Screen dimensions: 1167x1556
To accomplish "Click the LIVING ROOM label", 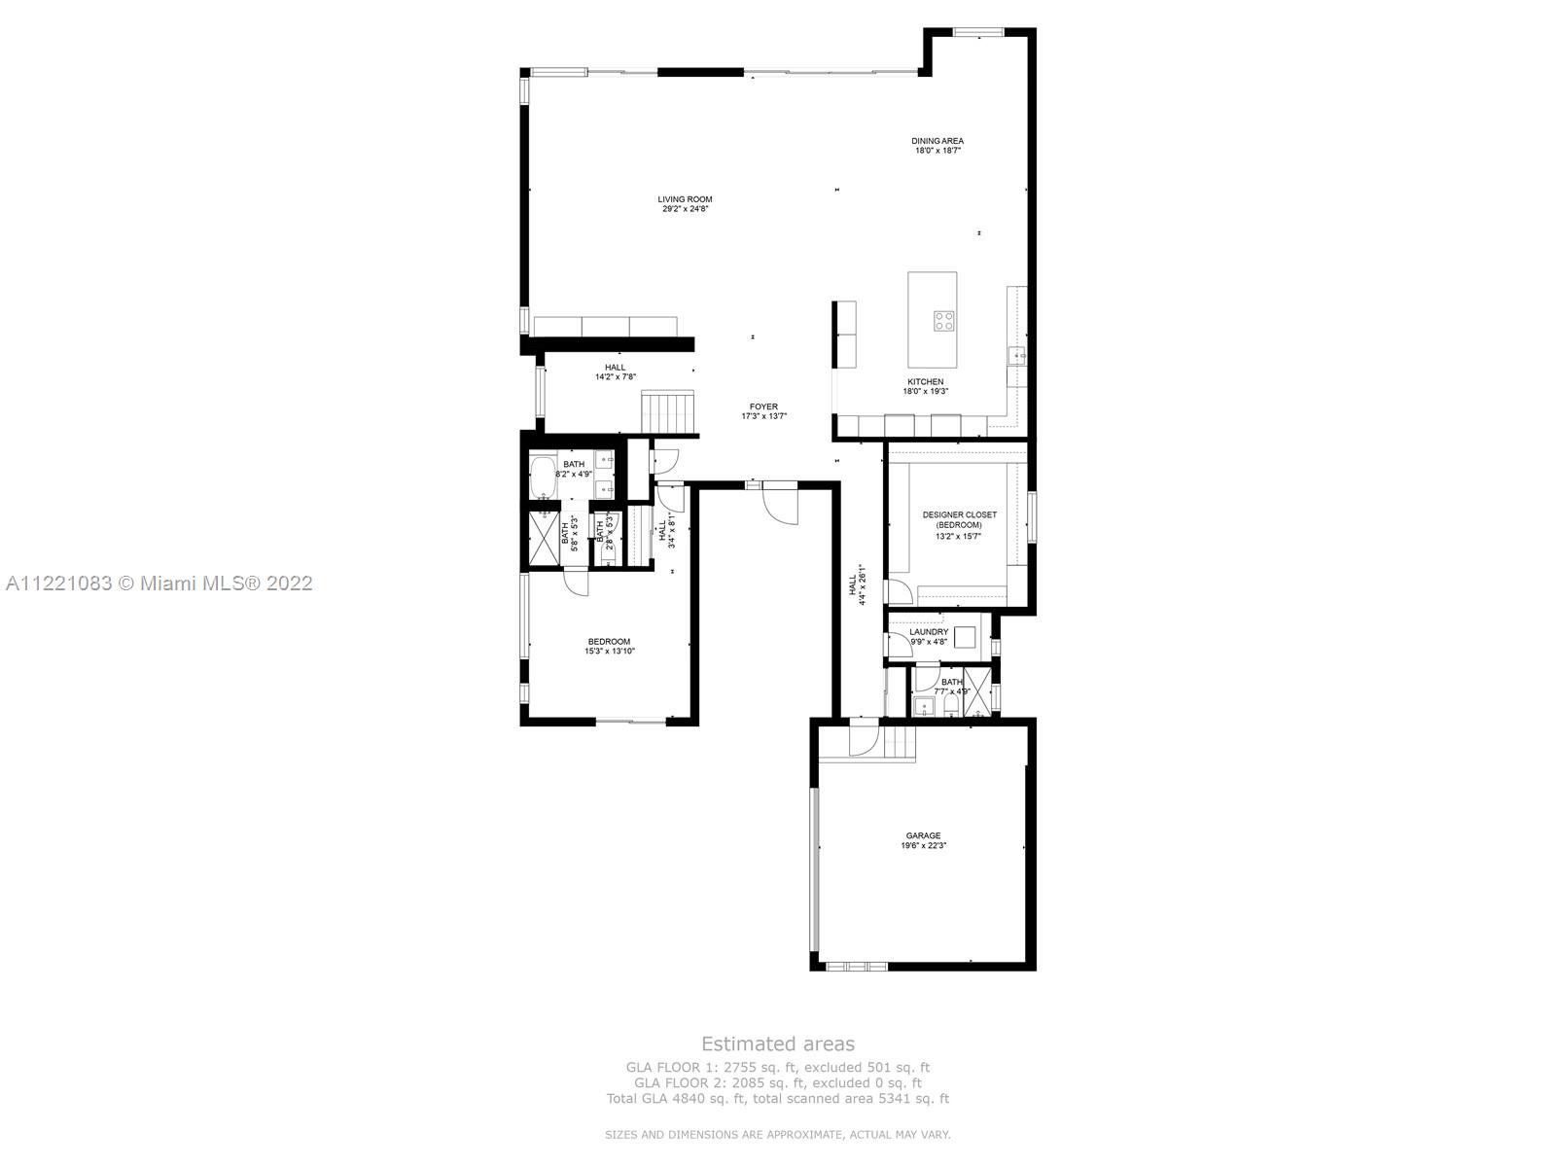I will click(685, 199).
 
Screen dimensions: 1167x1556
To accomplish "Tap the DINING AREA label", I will click(937, 141).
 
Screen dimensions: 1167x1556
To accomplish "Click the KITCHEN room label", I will click(925, 382).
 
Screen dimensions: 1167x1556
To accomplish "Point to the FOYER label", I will click(763, 407).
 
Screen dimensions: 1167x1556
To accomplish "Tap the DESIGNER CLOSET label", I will click(959, 515).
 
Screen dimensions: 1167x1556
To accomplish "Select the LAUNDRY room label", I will click(929, 632).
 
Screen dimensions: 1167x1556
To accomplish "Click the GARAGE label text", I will click(923, 836).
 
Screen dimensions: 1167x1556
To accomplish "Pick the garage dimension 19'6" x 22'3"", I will click(923, 846).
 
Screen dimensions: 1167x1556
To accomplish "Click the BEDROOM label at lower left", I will click(609, 642).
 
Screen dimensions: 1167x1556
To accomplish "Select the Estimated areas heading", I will click(778, 1044).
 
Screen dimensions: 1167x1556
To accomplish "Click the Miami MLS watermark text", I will click(159, 583).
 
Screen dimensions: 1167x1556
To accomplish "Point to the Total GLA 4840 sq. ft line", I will click(777, 1099).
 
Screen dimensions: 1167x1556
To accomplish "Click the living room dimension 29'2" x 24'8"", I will click(685, 209).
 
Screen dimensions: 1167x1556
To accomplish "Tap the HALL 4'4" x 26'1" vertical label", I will click(856, 585).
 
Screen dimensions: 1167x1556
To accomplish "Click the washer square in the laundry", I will click(965, 638).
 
